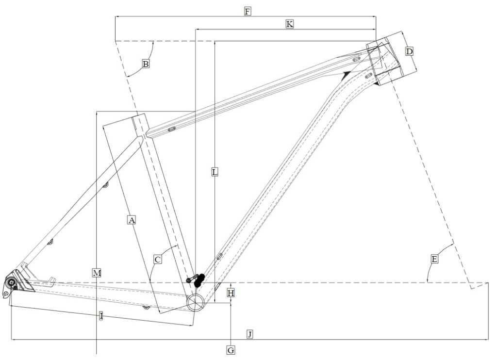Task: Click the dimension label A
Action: (x=131, y=220)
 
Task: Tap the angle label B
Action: (x=145, y=63)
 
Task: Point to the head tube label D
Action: (x=409, y=51)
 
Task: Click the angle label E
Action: (x=434, y=259)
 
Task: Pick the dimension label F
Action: (x=247, y=11)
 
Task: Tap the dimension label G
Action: (x=231, y=349)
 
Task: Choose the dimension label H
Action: (x=231, y=293)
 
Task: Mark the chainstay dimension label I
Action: (x=101, y=316)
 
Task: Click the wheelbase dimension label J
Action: (x=249, y=334)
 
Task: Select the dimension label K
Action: (x=289, y=24)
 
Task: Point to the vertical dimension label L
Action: (x=215, y=171)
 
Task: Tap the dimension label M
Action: (x=97, y=273)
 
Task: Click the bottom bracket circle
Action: (x=197, y=302)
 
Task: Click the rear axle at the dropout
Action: (x=10, y=281)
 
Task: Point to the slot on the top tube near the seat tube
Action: (x=171, y=130)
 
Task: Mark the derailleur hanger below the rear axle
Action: (x=6, y=293)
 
